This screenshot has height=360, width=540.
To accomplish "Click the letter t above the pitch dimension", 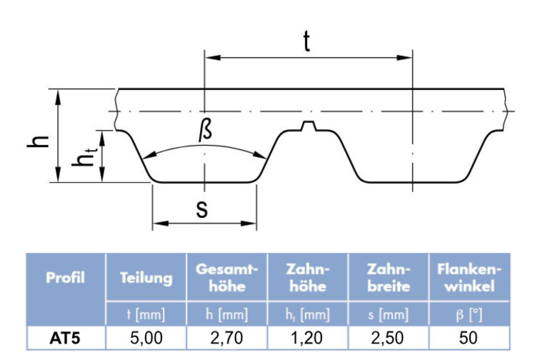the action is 306,41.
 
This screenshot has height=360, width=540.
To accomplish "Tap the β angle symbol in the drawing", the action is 205,131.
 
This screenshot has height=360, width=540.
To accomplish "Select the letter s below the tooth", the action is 202,209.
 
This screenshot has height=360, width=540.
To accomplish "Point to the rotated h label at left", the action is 38,141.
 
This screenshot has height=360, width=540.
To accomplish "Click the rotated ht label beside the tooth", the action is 85,157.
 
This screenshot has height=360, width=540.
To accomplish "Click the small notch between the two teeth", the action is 309,126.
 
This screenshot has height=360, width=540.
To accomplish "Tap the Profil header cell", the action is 65,278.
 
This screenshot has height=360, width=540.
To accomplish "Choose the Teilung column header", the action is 146,278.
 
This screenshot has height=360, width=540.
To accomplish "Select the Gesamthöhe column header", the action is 227,278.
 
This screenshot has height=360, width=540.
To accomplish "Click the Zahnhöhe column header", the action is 308,278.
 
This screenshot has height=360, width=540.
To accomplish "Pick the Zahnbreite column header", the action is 389,278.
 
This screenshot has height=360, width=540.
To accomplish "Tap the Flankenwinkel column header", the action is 469,278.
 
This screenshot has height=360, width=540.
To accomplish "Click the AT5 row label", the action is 65,339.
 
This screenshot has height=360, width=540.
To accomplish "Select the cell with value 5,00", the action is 146,339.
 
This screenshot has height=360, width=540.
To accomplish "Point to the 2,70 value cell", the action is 227,339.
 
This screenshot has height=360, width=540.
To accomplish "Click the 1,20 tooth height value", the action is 308,339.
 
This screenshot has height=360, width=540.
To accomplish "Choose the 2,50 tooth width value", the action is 388,339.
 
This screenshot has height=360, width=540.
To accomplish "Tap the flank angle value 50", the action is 469,339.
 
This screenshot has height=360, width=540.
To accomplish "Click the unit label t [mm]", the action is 146,314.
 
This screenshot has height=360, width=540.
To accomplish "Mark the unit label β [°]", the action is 469,315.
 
